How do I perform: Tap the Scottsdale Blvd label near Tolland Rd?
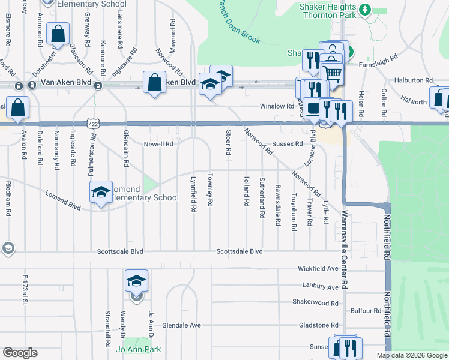click(240, 251)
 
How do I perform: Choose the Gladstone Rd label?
click(319, 325)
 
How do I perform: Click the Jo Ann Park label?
click(139, 349)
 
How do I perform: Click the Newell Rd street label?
click(158, 144)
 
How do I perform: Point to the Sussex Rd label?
click(287, 144)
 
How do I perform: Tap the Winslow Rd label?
click(276, 106)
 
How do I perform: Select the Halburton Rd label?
click(414, 80)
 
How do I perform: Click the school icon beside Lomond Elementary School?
click(101, 192)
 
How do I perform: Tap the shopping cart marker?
click(331, 73)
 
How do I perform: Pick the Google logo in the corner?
click(20, 353)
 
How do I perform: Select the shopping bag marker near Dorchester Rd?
click(58, 34)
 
